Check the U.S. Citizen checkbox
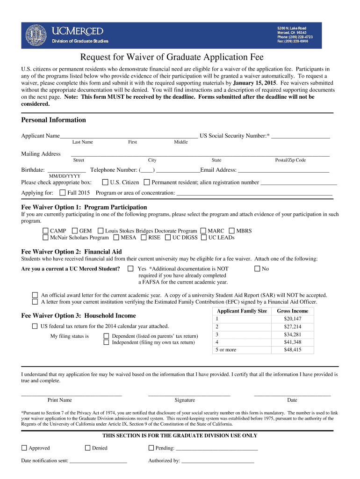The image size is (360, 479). pyautogui.click(x=105, y=182)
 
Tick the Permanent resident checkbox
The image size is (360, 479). pyautogui.click(x=147, y=182)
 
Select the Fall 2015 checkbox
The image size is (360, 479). pyautogui.click(x=63, y=193)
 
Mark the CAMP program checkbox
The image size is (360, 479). pyautogui.click(x=45, y=231)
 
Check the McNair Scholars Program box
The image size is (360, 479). pyautogui.click(x=45, y=238)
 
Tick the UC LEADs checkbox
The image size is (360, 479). pyautogui.click(x=203, y=238)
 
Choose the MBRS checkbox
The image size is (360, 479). pyautogui.click(x=231, y=231)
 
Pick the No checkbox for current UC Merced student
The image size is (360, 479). pyautogui.click(x=257, y=269)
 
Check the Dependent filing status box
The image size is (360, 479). pyautogui.click(x=106, y=336)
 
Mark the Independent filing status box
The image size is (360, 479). pyautogui.click(x=106, y=342)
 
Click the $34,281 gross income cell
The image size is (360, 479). pyautogui.click(x=292, y=334)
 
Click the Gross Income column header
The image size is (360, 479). pyautogui.click(x=292, y=311)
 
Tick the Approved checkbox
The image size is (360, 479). pyautogui.click(x=24, y=448)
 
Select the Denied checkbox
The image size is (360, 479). pyautogui.click(x=87, y=448)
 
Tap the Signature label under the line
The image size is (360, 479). pyautogui.click(x=185, y=400)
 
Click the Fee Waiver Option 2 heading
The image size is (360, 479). pyautogui.click(x=72, y=252)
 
